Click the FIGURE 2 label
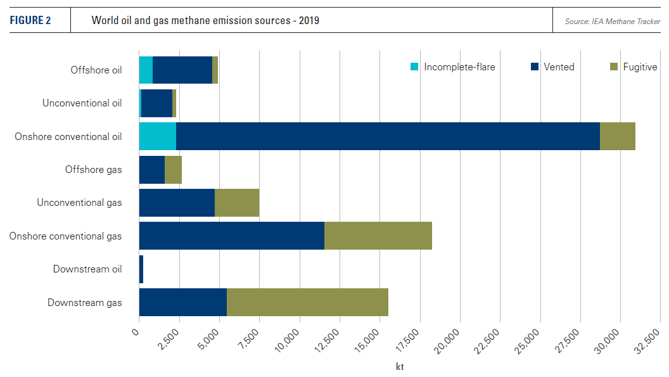(30, 21)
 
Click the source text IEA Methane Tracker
(613, 22)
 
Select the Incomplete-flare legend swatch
(415, 67)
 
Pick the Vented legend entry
(558, 67)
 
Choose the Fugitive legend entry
(639, 67)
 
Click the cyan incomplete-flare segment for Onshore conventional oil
(157, 136)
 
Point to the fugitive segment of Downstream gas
(307, 302)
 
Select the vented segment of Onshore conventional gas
(231, 236)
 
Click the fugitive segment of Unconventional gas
(237, 203)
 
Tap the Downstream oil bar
(141, 269)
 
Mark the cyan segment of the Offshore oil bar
(146, 70)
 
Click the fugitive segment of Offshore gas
(173, 169)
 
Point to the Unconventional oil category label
(82, 103)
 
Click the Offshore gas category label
(93, 169)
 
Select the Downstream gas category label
(84, 302)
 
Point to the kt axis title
(399, 366)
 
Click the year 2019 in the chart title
(308, 21)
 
